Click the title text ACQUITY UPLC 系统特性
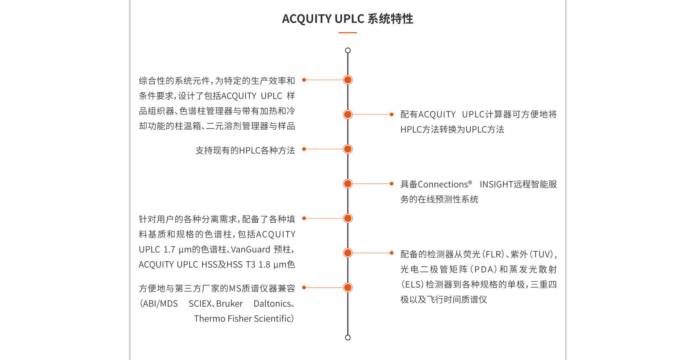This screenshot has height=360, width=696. pyautogui.click(x=347, y=19)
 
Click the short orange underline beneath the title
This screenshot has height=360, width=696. pyautogui.click(x=347, y=33)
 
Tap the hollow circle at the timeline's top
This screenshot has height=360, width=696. pyautogui.click(x=348, y=50)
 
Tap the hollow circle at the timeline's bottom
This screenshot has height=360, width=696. pyautogui.click(x=348, y=338)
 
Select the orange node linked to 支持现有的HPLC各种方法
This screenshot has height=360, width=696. pyautogui.click(x=348, y=149)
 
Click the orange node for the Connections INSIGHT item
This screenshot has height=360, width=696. pyautogui.click(x=348, y=184)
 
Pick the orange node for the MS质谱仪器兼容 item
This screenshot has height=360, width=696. pyautogui.click(x=348, y=288)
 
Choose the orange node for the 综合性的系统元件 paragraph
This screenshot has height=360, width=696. pyautogui.click(x=348, y=80)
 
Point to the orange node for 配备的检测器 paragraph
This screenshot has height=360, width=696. pyautogui.click(x=348, y=253)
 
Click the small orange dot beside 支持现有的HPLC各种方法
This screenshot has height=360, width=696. pyautogui.click(x=304, y=149)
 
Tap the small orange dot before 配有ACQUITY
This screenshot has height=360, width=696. pyautogui.click(x=391, y=114)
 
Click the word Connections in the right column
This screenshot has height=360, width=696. pyautogui.click(x=443, y=185)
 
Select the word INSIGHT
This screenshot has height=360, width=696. pyautogui.click(x=496, y=185)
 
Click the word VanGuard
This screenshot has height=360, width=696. pyautogui.click(x=250, y=250)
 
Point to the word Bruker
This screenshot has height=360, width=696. pyautogui.click(x=229, y=304)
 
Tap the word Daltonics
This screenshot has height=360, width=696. pyautogui.click(x=272, y=304)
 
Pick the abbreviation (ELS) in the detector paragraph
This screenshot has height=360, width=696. pyautogui.click(x=412, y=285)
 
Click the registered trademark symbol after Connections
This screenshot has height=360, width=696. pyautogui.click(x=470, y=183)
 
